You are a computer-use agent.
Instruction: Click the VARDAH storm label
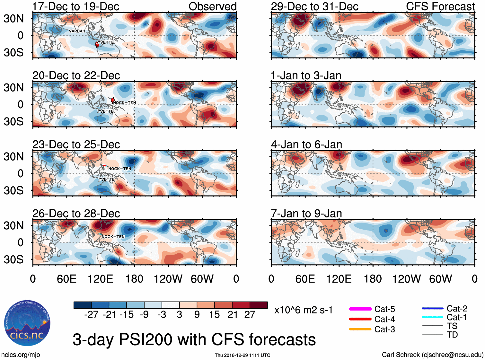[x=77, y=31]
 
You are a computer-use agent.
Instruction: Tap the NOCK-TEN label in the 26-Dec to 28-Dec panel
[x=113, y=237]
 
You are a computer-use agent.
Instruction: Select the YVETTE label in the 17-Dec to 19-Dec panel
[x=106, y=42]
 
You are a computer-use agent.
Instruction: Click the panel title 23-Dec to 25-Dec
[x=76, y=145]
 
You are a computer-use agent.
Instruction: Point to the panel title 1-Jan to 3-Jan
[x=306, y=75]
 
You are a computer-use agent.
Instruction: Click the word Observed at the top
[x=212, y=6]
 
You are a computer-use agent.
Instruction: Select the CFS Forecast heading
[x=440, y=6]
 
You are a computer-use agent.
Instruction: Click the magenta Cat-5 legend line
[x=360, y=309]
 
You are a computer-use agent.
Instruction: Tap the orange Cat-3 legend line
[x=360, y=329]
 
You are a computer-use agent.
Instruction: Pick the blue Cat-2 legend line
[x=432, y=309]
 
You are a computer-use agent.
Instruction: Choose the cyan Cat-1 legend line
[x=432, y=317]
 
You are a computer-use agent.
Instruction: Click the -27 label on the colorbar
[x=91, y=314]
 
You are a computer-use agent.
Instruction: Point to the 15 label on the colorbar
[x=214, y=314]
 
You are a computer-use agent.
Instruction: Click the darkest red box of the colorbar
[x=259, y=305]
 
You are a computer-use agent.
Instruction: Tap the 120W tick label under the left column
[x=168, y=279]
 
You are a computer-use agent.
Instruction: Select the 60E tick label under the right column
[x=305, y=279]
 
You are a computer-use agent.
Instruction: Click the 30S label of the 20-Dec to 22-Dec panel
[x=13, y=121]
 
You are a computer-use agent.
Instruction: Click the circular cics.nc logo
[x=27, y=323]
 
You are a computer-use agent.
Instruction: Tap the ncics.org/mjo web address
[x=21, y=355]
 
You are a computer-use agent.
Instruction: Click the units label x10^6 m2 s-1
[x=303, y=310]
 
